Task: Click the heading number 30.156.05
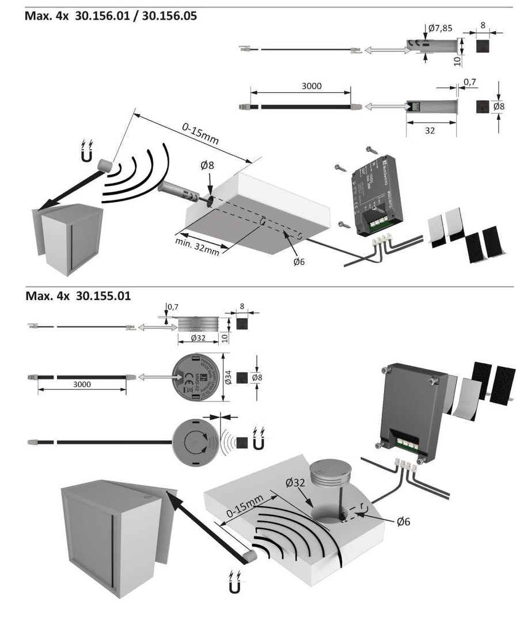169,16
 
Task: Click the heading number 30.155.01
103,296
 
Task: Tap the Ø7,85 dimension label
440,28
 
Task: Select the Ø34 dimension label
229,377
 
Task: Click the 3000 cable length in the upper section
312,86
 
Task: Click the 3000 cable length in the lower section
82,384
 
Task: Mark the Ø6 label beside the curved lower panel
403,521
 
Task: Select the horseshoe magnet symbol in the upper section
88,153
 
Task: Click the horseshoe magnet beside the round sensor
257,442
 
